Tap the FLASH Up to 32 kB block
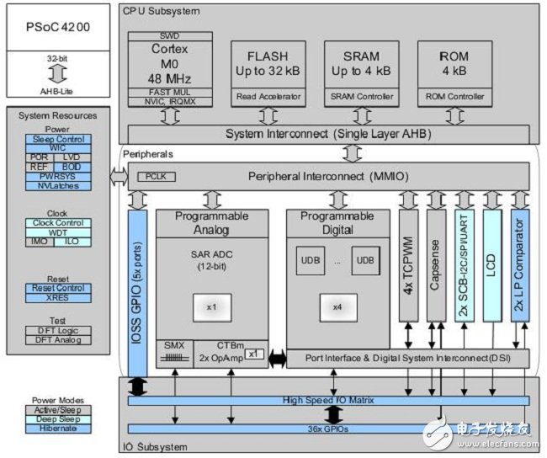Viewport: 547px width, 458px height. pos(268,61)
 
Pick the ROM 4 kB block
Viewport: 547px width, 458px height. pos(455,61)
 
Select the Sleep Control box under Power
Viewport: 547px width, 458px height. pos(57,139)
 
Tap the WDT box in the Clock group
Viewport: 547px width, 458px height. pos(57,232)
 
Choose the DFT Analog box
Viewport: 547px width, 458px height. pos(57,339)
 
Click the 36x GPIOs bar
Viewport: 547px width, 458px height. pos(328,428)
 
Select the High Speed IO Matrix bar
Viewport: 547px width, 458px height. pos(328,401)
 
